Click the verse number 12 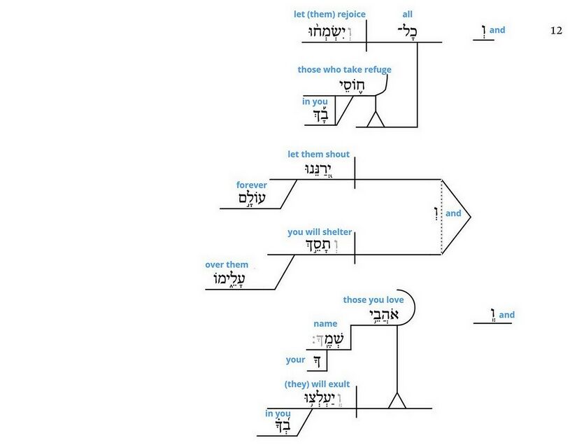tap(556, 31)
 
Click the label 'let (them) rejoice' tap(330, 14)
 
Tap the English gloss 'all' tap(408, 14)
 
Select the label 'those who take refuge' tap(344, 69)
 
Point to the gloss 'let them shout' tap(318, 154)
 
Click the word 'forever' tap(252, 185)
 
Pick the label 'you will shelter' tap(320, 232)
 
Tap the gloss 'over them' tap(227, 264)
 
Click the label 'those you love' tap(373, 299)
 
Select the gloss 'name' tap(325, 323)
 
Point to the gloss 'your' tap(296, 360)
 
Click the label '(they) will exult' tap(317, 384)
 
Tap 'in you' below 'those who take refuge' tap(315, 101)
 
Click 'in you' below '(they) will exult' tap(278, 413)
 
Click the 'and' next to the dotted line tap(453, 213)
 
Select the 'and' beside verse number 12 tap(497, 31)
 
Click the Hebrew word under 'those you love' tap(385, 315)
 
